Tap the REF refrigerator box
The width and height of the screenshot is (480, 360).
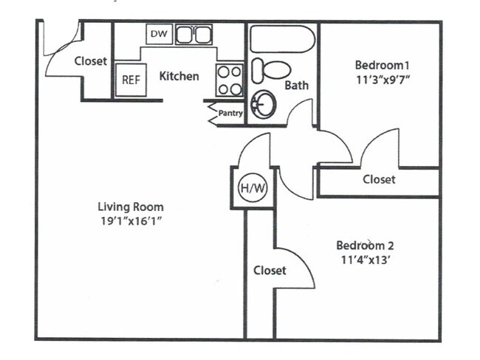click(x=131, y=80)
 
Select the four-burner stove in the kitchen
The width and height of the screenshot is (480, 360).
click(x=230, y=80)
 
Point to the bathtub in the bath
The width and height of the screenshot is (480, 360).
click(x=281, y=39)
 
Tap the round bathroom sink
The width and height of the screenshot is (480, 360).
click(x=262, y=105)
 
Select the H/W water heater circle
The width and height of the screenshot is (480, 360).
click(x=252, y=189)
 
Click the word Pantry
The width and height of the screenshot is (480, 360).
click(x=230, y=114)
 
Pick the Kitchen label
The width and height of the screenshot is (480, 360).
click(x=179, y=76)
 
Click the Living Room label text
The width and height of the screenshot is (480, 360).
click(x=131, y=207)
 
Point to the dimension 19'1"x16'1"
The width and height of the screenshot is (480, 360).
click(x=131, y=221)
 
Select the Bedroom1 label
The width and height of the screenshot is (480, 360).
click(x=379, y=63)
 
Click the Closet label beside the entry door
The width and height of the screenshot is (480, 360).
click(x=90, y=61)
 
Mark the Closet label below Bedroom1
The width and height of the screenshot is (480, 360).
click(x=379, y=179)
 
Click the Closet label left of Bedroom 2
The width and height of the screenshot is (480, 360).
click(x=270, y=271)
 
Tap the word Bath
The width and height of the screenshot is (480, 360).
click(x=297, y=86)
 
